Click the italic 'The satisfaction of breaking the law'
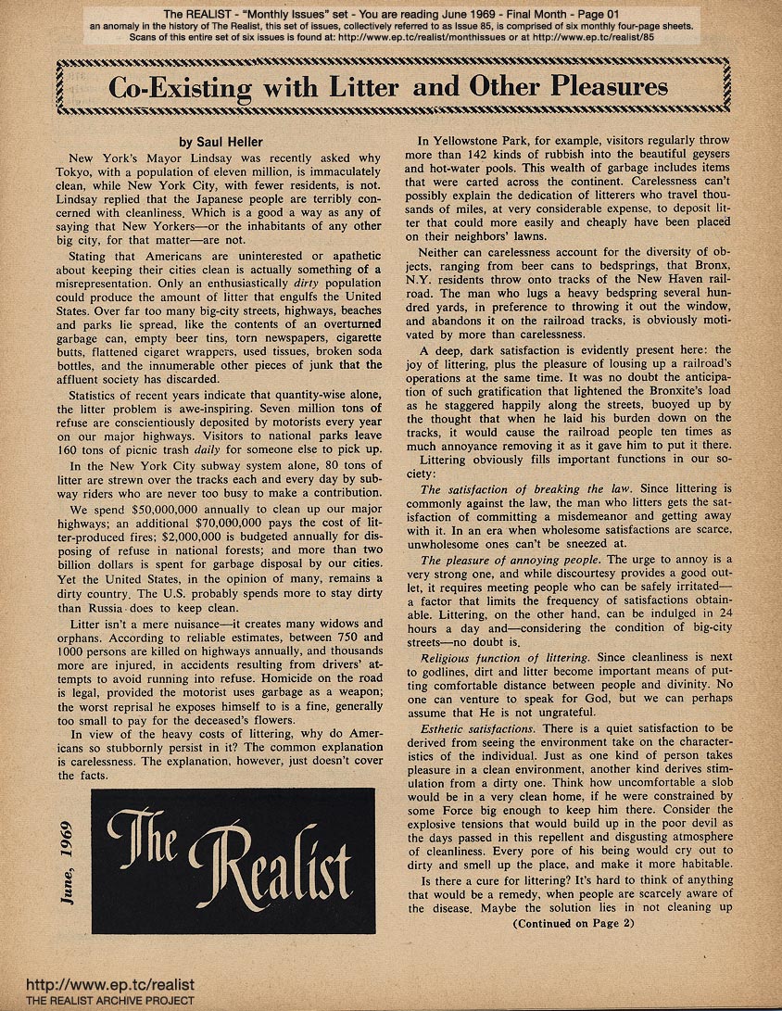point(525,488)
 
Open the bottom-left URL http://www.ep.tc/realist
point(109,986)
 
